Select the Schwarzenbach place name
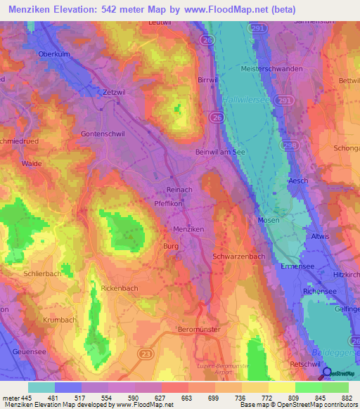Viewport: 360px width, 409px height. coord(238,257)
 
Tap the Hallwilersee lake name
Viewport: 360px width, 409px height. coord(245,100)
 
